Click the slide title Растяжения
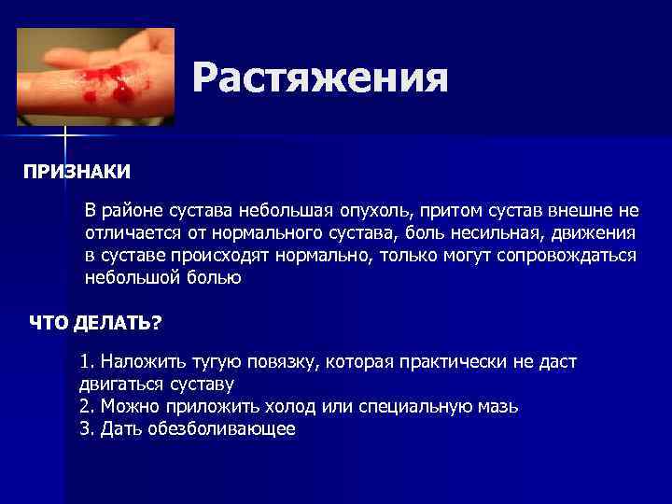[320, 78]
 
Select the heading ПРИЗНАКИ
[77, 173]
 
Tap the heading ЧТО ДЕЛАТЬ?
[95, 323]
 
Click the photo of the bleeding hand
[95, 76]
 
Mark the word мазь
[497, 407]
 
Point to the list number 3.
[86, 429]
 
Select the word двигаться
[120, 384]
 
